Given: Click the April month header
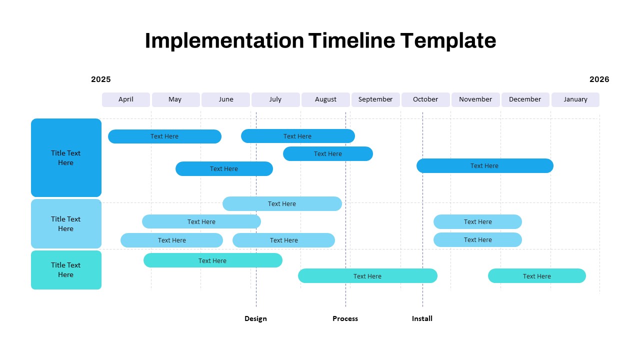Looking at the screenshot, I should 126,99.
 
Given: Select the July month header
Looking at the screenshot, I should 275,99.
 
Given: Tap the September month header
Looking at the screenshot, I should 375,99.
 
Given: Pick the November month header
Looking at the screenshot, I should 475,99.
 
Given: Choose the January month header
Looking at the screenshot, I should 575,99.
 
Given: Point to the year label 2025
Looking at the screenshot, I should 101,79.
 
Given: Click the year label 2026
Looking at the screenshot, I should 599,79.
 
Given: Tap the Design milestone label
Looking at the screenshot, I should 255,318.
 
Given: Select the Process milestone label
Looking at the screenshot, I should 345,318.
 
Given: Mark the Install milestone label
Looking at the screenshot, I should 422,318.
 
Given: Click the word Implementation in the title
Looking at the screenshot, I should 224,40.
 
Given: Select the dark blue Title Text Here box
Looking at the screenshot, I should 66,157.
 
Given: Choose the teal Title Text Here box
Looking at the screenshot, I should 66,270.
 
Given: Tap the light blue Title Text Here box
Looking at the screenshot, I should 66,223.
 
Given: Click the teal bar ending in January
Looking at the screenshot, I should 536,276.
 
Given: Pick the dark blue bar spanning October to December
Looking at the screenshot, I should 484,166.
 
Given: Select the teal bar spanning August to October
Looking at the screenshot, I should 367,276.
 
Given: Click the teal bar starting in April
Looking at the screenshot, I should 212,260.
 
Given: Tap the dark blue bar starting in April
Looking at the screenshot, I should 164,136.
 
